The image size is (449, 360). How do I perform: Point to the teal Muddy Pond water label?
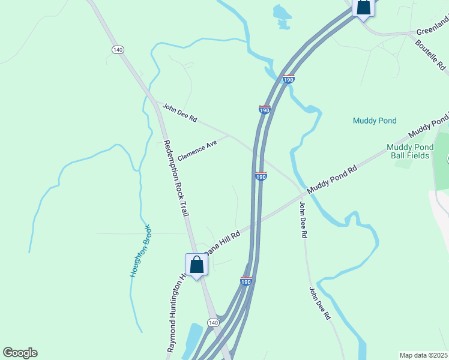(375, 121)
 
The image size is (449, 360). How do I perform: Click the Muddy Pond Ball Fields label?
(408, 151)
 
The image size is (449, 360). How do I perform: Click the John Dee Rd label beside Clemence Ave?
(179, 112)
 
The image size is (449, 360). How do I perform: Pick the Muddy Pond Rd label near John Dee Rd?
(332, 179)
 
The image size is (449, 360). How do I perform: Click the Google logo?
(20, 353)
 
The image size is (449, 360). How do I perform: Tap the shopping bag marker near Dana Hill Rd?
(196, 264)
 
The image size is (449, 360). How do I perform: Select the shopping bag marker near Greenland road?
(363, 7)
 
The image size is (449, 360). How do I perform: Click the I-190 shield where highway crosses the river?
(288, 79)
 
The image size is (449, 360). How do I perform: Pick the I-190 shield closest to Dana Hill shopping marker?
(246, 281)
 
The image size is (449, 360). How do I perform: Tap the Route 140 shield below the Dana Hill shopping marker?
(214, 323)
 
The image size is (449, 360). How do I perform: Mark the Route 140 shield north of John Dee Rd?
(117, 49)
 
